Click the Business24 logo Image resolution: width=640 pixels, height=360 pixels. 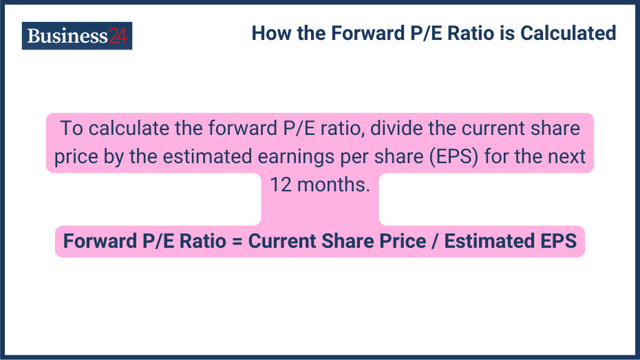click(x=76, y=36)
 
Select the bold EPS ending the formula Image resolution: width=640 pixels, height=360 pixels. click(x=558, y=242)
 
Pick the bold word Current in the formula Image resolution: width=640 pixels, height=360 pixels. click(x=281, y=242)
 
